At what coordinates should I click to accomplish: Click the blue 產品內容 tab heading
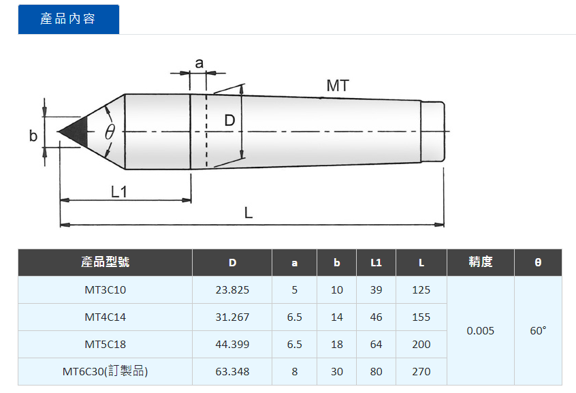coord(68,19)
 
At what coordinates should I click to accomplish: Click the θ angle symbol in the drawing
coord(110,131)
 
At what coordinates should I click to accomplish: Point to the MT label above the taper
coord(338,86)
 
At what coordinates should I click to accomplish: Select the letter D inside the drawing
coord(229,121)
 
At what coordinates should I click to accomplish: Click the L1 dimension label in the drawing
coord(119,191)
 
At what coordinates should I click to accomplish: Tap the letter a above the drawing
coord(199,63)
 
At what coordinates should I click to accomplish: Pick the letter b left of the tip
coord(33,136)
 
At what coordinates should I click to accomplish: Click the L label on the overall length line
coord(249,213)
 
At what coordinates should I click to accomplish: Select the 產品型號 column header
coord(105,262)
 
